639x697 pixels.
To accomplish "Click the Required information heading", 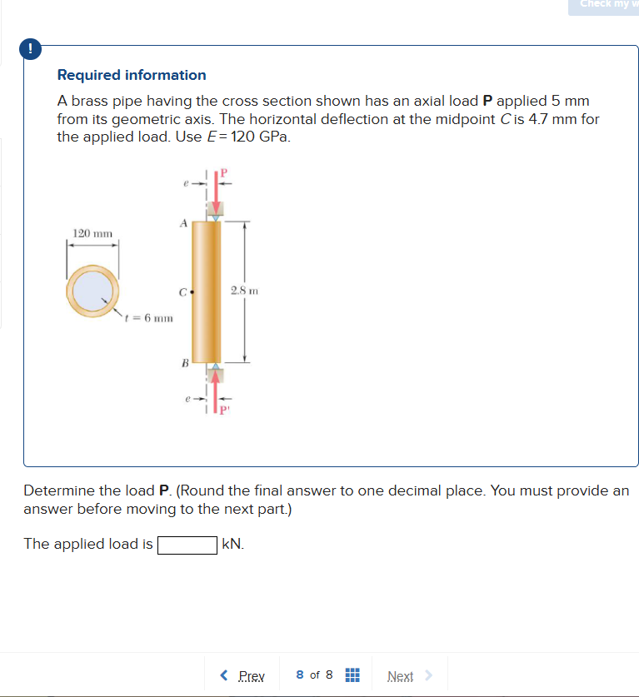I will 132,75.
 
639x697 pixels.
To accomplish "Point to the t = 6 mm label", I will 148,317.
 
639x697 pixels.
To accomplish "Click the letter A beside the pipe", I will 182,222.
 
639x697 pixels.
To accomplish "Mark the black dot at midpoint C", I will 192,292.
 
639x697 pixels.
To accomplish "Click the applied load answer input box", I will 187,545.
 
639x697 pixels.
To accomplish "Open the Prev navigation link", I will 243,675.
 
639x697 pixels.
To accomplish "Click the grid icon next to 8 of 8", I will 351,675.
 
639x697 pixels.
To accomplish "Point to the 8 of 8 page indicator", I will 314,675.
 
